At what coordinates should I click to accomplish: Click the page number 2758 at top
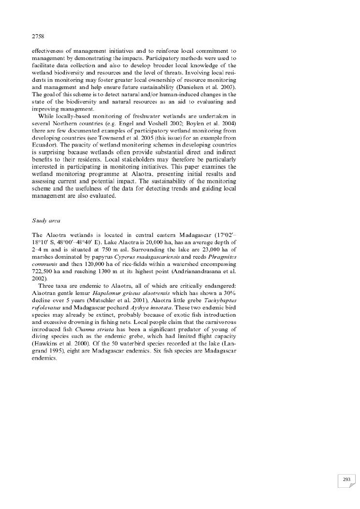click(38, 35)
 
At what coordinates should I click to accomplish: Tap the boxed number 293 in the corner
click(346, 465)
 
